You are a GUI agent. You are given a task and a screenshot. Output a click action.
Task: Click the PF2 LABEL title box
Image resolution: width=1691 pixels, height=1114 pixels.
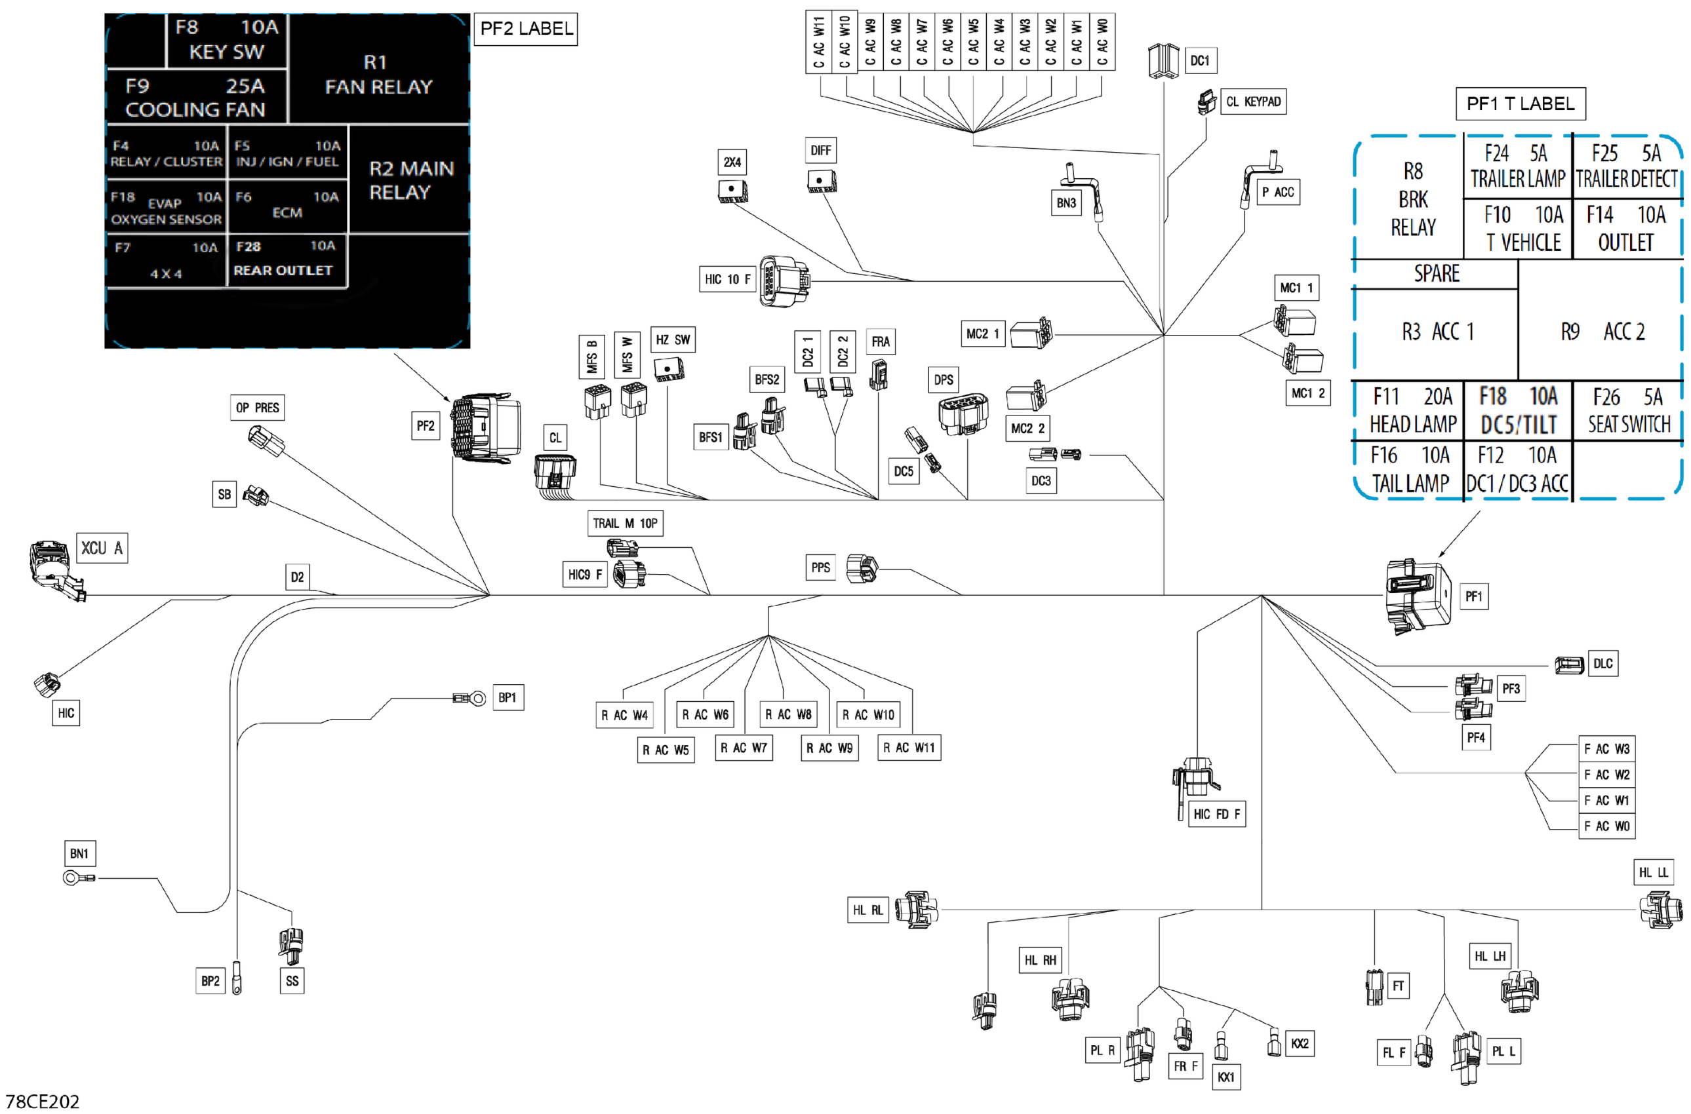click(525, 29)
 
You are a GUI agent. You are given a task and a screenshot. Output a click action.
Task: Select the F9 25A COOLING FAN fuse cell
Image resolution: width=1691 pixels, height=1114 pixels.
click(195, 98)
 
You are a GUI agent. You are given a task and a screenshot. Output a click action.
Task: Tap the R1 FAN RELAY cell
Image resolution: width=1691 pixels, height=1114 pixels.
click(378, 75)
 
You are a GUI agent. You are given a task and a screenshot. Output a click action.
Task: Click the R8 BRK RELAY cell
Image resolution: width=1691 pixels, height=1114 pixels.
click(1412, 199)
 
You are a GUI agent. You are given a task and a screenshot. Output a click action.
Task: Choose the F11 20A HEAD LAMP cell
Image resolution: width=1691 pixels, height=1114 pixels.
click(1412, 410)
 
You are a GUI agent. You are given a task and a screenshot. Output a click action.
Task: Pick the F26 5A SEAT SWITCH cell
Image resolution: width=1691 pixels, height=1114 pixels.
click(1629, 410)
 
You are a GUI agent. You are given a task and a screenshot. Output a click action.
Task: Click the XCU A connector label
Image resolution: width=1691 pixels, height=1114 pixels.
click(102, 548)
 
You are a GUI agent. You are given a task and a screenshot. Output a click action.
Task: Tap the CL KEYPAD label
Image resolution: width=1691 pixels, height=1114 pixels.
click(1252, 102)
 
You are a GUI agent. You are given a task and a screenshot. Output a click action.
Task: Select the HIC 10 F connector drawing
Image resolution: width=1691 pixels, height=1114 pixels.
click(784, 281)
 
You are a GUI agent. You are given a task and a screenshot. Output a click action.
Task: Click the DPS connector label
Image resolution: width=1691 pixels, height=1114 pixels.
click(944, 380)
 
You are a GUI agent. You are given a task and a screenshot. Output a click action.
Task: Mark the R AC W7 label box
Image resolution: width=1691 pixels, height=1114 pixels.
click(744, 748)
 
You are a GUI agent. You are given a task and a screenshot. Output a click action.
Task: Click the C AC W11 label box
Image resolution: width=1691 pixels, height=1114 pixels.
click(818, 41)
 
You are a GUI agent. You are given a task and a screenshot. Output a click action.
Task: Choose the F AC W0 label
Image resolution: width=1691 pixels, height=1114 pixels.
click(1606, 826)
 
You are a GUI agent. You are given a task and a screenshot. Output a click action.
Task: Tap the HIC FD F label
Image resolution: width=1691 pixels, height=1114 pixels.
click(1216, 814)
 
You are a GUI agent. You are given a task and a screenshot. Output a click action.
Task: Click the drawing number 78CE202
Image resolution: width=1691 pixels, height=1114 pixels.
click(43, 1101)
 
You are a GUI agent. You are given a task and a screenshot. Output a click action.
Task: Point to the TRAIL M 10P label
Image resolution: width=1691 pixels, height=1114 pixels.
click(625, 524)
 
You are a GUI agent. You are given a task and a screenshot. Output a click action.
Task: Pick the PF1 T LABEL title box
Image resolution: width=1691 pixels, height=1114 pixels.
click(1520, 104)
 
